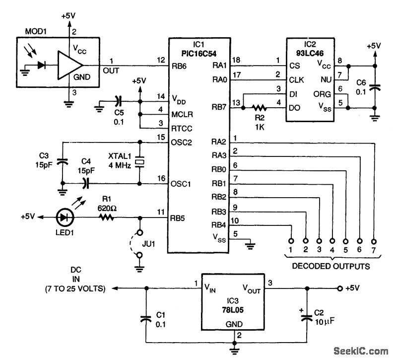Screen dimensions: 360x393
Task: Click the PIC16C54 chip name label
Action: point(198,53)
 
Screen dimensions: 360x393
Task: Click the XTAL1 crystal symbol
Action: point(140,162)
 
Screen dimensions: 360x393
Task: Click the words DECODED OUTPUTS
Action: point(330,267)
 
